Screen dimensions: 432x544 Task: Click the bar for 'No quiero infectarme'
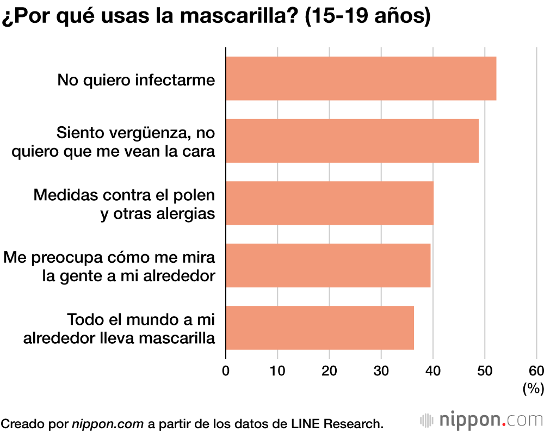(x=361, y=78)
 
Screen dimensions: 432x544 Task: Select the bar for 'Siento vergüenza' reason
(x=352, y=141)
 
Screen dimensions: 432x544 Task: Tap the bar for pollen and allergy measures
(x=330, y=203)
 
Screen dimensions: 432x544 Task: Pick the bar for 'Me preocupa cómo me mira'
(x=328, y=266)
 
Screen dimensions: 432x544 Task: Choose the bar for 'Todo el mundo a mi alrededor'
(x=320, y=328)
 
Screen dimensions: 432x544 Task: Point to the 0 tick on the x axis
(x=226, y=371)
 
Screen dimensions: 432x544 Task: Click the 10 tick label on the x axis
(x=277, y=371)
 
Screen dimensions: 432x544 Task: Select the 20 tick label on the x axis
(x=329, y=371)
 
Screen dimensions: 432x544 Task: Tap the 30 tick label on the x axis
(x=381, y=371)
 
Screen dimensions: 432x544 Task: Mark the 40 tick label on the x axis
(x=433, y=371)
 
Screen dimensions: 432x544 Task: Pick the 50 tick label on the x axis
(x=485, y=371)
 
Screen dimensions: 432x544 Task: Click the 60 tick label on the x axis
(x=536, y=371)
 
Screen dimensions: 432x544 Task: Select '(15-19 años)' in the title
(x=368, y=16)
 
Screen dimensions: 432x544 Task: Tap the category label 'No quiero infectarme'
(x=136, y=80)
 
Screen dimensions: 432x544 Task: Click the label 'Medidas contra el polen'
(x=124, y=195)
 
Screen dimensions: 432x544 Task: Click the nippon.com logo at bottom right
(x=481, y=420)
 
